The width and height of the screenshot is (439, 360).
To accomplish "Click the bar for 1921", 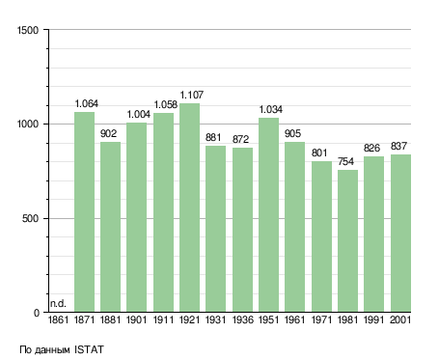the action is click(x=189, y=208).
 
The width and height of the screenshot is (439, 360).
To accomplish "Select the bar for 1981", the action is click(x=347, y=240).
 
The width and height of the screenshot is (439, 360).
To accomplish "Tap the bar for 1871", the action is click(x=84, y=211).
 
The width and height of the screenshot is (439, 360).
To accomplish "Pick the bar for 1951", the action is click(x=268, y=214).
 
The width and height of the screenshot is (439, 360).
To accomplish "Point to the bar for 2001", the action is click(x=400, y=233).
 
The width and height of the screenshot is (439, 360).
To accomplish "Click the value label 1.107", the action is click(x=192, y=95).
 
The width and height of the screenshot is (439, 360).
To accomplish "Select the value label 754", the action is click(x=345, y=161).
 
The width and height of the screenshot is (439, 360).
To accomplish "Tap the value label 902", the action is click(x=108, y=133).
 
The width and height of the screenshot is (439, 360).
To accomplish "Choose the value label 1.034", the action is click(x=271, y=109).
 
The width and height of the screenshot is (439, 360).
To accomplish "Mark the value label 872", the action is click(x=240, y=139).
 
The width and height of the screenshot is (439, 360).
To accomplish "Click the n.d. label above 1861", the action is click(x=58, y=303).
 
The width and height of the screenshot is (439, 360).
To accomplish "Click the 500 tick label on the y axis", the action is click(x=30, y=219).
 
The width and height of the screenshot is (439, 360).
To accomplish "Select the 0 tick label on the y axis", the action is click(x=37, y=313).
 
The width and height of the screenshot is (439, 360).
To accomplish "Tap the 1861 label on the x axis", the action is click(x=58, y=319).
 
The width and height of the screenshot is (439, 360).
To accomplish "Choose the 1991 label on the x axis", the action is click(x=374, y=319).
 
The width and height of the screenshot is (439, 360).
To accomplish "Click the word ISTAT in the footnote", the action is click(x=89, y=349).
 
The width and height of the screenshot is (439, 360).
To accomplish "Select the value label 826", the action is click(x=371, y=148).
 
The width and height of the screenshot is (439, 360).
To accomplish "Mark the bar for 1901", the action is click(x=136, y=217).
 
